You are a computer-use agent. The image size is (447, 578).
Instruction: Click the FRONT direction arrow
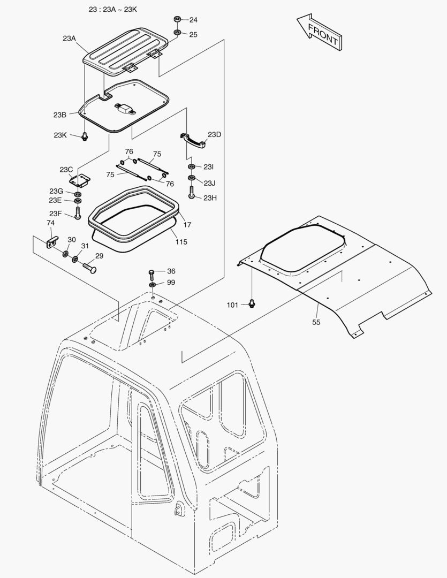[319, 33]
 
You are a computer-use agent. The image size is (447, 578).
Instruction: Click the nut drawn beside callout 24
[177, 20]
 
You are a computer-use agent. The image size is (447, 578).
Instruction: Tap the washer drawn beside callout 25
[177, 34]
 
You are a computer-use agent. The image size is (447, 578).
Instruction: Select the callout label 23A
[70, 38]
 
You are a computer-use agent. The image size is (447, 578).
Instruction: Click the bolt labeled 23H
[191, 192]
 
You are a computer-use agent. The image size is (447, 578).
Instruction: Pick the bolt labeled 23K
[84, 136]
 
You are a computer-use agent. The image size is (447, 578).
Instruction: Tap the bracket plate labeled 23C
[82, 179]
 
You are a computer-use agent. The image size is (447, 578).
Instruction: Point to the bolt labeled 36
[152, 275]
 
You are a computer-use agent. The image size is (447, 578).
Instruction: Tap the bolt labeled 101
[252, 304]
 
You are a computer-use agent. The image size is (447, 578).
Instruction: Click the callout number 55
[316, 322]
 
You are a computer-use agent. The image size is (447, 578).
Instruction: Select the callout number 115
[181, 242]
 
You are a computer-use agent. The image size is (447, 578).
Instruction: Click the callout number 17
[187, 225]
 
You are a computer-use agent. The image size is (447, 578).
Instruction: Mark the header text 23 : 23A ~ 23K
[113, 10]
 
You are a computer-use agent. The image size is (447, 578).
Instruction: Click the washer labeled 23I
[192, 167]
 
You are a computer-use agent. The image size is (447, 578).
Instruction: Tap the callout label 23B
[59, 115]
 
